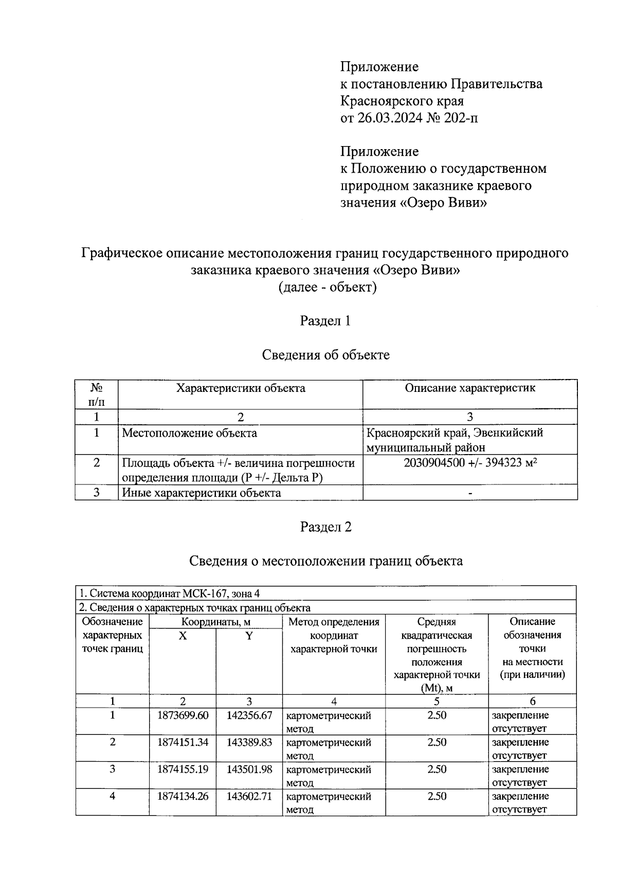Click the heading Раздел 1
325,321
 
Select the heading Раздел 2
325,527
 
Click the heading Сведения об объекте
325,355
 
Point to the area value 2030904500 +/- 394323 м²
470,463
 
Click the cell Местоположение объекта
189,433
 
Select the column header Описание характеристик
470,388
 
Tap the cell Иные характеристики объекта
201,493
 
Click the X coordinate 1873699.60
183,715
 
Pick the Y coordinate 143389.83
249,742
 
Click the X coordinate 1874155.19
183,769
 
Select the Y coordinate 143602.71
249,796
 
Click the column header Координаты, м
215,622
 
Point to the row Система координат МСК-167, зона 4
172,593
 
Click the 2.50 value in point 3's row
437,769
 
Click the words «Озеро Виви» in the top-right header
443,203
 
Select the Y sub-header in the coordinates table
249,636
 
